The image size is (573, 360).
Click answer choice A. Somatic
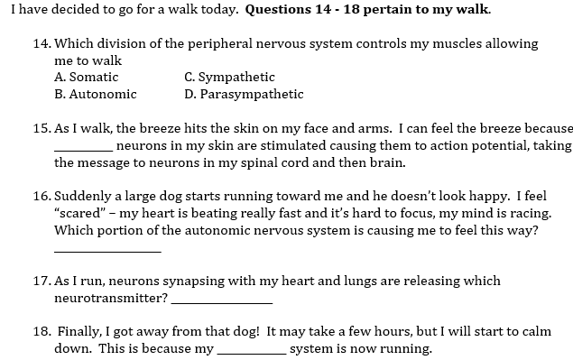coord(87,78)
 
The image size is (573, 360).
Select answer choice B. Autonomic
coord(96,94)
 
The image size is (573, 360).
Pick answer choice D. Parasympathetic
coord(244,94)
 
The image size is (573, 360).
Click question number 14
coord(41,43)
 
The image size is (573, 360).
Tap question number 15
coord(41,129)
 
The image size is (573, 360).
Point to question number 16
coord(41,197)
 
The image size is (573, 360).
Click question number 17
coord(41,282)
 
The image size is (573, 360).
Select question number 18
coord(42,332)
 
